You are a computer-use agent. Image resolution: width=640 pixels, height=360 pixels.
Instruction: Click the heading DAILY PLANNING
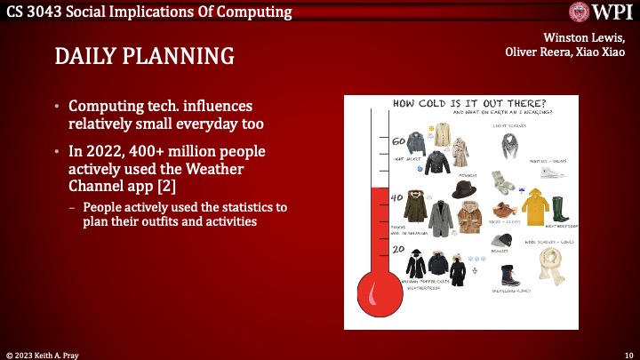pyautogui.click(x=145, y=56)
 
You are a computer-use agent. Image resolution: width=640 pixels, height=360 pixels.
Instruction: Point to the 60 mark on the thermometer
pyautogui.click(x=398, y=140)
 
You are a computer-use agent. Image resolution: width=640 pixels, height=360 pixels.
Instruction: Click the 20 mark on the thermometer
pyautogui.click(x=398, y=250)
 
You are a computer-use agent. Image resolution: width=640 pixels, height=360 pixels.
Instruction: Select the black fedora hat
pyautogui.click(x=464, y=188)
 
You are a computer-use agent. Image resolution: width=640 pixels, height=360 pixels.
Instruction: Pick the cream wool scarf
pyautogui.click(x=553, y=264)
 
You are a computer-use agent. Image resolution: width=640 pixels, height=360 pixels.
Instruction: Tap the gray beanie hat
pyautogui.click(x=502, y=241)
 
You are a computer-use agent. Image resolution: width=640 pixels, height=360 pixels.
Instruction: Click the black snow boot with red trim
pyautogui.click(x=510, y=275)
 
